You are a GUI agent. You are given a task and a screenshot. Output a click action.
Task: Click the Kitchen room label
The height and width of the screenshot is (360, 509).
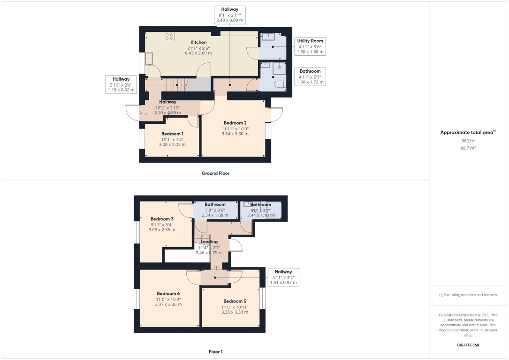198,43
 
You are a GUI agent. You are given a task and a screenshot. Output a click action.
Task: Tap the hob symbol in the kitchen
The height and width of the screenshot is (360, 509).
169,37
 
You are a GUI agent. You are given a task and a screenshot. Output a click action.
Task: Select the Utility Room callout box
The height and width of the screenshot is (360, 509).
310,46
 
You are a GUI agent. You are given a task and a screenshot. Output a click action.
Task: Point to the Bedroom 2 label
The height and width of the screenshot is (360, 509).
235,123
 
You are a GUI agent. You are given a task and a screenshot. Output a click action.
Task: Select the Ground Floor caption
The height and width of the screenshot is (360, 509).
215,173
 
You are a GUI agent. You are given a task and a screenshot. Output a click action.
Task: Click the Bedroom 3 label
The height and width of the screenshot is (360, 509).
162,219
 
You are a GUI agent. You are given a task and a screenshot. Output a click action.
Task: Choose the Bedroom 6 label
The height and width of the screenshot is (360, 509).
168,294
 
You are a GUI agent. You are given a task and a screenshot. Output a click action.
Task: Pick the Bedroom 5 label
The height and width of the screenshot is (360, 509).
235,301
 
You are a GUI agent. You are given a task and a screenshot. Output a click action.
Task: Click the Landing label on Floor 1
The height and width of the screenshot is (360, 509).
209,242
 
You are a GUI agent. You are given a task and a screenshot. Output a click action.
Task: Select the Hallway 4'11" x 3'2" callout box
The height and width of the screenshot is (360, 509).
283,277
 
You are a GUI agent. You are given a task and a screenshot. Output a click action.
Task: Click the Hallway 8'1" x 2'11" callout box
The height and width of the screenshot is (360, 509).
229,15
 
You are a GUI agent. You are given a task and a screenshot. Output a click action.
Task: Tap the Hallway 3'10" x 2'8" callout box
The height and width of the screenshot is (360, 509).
121,84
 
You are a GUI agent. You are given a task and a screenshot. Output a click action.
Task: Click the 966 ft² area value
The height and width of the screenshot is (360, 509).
468,140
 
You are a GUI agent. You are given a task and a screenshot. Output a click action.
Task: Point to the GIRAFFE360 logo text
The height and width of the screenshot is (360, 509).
468,345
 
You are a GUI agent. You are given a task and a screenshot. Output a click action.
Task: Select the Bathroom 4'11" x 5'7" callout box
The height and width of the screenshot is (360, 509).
310,76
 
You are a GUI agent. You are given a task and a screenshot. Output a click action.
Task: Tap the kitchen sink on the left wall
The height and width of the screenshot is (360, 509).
149,59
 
